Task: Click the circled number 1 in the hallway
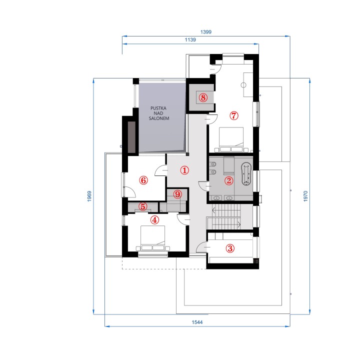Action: [184, 170]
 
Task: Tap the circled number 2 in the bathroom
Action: [228, 180]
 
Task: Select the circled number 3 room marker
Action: [230, 248]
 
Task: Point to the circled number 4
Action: [154, 220]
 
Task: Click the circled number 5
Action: [143, 206]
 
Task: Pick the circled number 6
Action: [143, 180]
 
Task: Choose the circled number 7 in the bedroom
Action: [234, 115]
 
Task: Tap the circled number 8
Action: [203, 97]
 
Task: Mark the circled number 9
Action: [177, 194]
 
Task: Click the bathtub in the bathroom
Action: [246, 174]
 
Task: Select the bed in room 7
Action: [231, 139]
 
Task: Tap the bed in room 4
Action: [152, 238]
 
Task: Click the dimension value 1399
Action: [206, 32]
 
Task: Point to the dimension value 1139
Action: [190, 39]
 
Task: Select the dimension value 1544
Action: [197, 322]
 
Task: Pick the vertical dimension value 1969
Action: [89, 196]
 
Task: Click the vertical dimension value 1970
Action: [305, 196]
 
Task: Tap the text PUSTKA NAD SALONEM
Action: [159, 113]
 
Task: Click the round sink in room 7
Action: [243, 85]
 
